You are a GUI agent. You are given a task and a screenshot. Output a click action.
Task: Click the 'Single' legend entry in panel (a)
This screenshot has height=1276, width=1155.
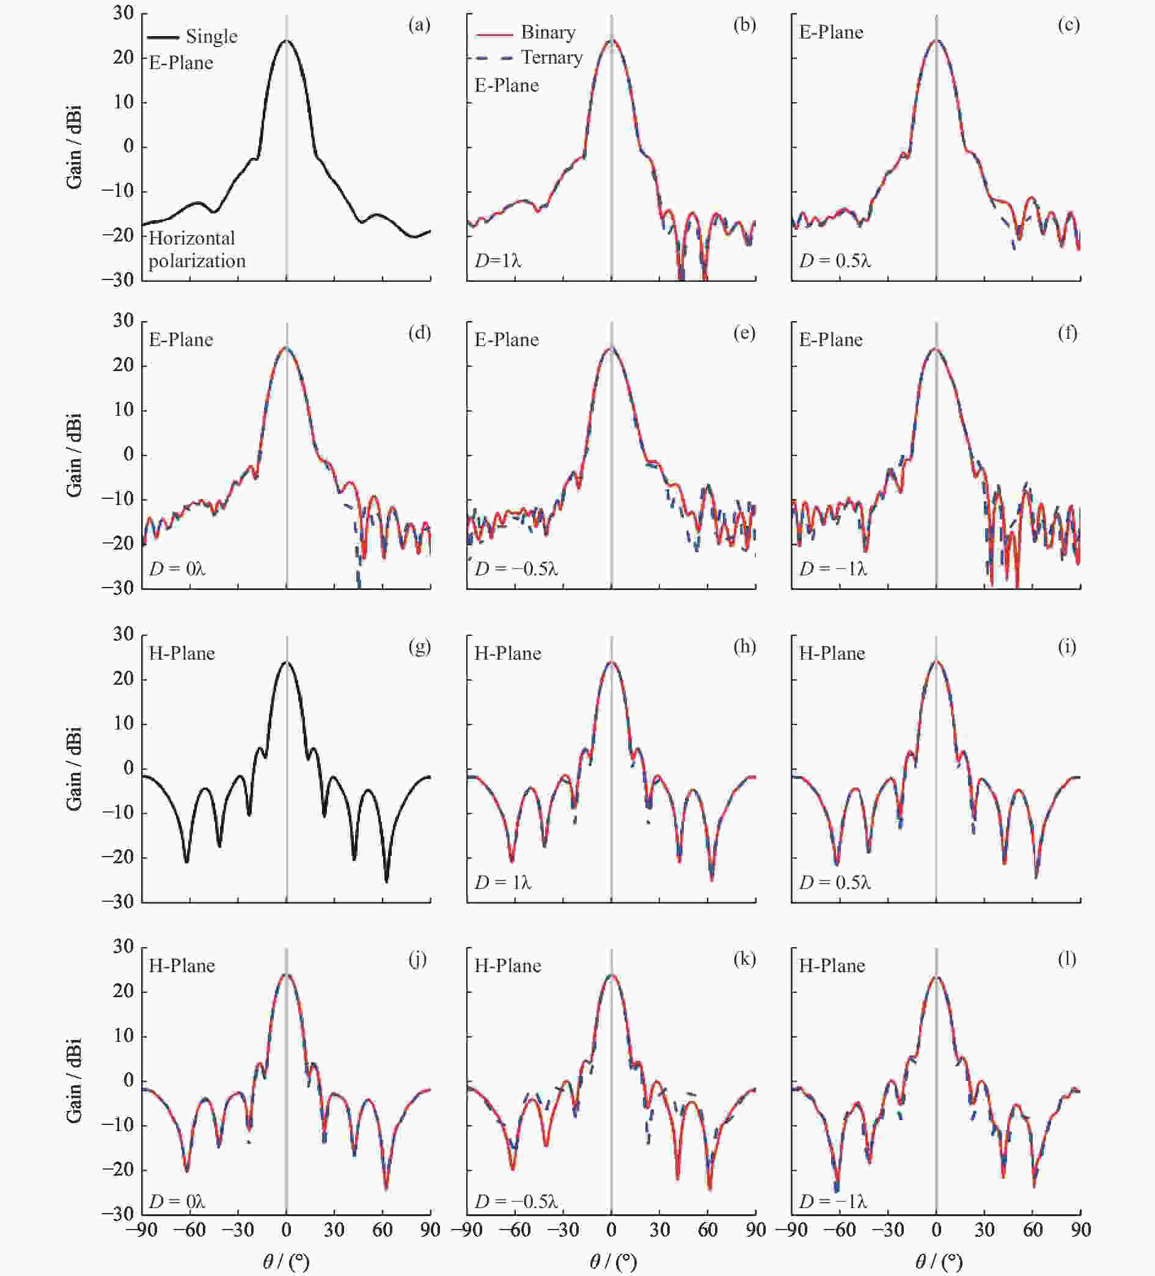click(211, 37)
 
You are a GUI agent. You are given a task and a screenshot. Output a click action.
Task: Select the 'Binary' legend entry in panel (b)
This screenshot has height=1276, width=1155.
click(548, 32)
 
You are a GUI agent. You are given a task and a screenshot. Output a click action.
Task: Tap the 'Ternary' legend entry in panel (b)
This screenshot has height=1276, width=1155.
click(551, 57)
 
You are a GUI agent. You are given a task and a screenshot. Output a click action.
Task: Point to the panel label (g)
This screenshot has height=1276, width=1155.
click(419, 647)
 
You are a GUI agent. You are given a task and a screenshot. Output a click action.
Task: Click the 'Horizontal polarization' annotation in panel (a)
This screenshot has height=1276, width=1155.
click(197, 249)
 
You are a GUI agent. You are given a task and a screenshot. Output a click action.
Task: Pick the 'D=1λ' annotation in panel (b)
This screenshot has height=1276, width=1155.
click(498, 260)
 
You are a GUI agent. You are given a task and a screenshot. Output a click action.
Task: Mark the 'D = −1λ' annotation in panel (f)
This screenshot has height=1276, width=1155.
click(832, 569)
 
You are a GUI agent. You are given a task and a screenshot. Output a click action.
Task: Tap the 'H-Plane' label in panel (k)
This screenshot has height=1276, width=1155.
click(507, 966)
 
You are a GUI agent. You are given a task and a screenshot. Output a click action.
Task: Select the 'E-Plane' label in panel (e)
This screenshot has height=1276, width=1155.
click(507, 340)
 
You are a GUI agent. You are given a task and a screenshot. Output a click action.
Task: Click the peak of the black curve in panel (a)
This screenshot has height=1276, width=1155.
click(287, 40)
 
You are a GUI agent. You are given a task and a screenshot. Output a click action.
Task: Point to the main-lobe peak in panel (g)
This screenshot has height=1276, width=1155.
click(287, 662)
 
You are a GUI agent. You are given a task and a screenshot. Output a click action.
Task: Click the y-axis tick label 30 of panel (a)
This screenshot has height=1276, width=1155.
click(123, 13)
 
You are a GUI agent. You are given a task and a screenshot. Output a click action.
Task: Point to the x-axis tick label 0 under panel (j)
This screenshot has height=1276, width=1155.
click(287, 1230)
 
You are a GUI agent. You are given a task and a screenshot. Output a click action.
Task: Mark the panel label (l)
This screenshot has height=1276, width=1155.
click(1068, 959)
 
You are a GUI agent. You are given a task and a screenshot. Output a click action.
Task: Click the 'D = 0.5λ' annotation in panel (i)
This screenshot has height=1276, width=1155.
click(835, 882)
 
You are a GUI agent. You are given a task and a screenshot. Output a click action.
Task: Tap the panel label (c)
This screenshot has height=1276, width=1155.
click(1068, 24)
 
